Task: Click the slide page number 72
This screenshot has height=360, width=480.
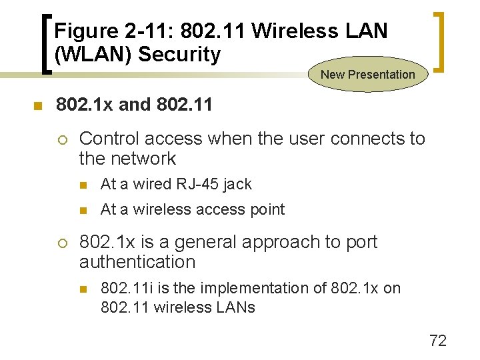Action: [x=438, y=341]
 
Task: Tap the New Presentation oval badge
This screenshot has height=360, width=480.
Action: [x=367, y=75]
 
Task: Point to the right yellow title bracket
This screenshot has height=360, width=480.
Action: [x=439, y=41]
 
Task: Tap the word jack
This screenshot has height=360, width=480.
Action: [x=239, y=185]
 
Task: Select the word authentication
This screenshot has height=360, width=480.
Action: [x=137, y=262]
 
